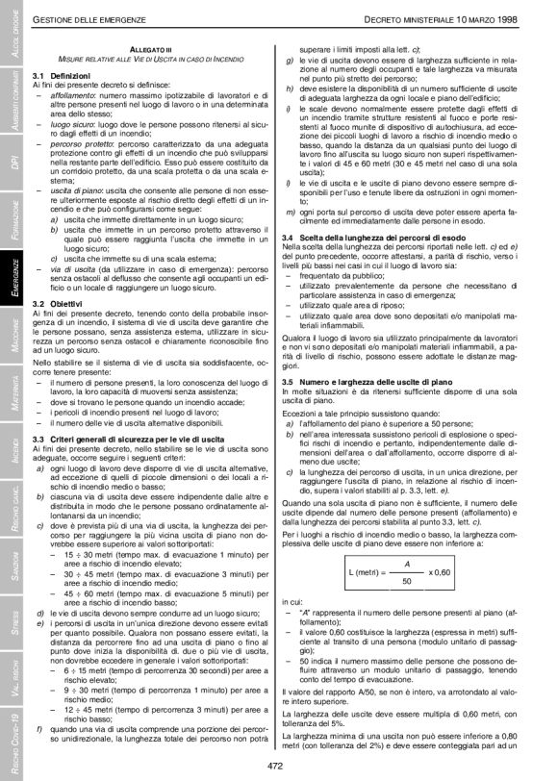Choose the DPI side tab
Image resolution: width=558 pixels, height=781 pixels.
(13, 158)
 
